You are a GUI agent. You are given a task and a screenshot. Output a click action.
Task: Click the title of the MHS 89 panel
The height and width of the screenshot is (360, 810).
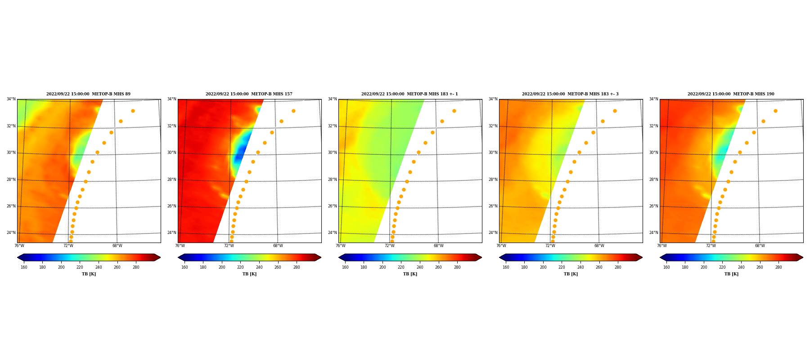(88, 94)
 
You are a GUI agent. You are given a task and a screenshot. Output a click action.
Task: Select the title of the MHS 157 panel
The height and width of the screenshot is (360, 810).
(249, 94)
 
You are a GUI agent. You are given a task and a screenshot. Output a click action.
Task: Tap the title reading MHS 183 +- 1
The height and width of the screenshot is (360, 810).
(409, 94)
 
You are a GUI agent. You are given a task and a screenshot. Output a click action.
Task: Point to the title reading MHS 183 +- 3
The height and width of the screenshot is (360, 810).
(570, 94)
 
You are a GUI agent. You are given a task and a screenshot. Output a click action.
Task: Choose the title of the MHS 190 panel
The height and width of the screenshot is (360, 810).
(731, 94)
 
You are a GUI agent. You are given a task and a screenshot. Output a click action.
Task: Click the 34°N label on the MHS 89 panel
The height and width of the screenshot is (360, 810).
(11, 99)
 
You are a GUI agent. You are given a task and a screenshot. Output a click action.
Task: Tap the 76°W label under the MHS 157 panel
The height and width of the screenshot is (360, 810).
(180, 246)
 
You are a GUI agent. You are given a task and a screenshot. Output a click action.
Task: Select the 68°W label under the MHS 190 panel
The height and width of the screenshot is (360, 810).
(760, 246)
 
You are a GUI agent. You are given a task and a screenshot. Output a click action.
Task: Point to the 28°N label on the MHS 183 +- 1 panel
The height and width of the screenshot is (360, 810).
(332, 180)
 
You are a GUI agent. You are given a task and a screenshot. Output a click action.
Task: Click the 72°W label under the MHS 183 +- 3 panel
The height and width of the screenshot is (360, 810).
(550, 246)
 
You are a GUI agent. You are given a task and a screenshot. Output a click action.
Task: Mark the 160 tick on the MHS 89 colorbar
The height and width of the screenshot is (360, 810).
(24, 267)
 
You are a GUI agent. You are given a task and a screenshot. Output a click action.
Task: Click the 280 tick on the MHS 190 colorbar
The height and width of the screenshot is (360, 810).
(778, 267)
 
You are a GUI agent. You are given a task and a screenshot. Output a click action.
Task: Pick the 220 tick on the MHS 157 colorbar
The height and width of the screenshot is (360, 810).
(240, 267)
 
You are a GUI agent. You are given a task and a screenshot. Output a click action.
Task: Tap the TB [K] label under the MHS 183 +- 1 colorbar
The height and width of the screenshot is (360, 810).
(410, 274)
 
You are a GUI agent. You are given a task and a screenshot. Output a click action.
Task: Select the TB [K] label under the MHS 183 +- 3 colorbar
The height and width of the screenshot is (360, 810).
(571, 274)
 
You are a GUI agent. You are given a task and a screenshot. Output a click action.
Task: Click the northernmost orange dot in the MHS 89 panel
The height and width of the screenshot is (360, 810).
(133, 111)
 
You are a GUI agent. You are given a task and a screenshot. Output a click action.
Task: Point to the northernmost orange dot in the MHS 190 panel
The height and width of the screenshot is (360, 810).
(775, 111)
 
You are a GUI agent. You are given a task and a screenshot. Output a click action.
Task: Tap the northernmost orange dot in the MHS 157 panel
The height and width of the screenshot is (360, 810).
(293, 111)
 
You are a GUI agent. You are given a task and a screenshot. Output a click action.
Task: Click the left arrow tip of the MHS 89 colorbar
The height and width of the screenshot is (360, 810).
(18, 257)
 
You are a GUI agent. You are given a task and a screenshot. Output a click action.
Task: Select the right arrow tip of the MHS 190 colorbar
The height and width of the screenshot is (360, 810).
(803, 257)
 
